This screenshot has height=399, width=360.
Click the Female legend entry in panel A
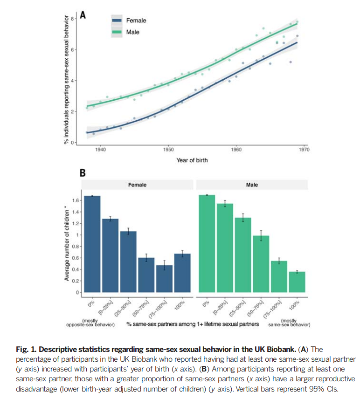pyautogui.click(x=136, y=21)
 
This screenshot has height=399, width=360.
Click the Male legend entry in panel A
pyautogui.click(x=132, y=32)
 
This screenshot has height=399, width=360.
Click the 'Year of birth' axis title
pyautogui.click(x=192, y=160)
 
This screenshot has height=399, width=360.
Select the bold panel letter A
pyautogui.click(x=83, y=15)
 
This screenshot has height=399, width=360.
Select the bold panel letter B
pyautogui.click(x=83, y=173)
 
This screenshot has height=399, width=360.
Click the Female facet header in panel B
pyautogui.click(x=137, y=185)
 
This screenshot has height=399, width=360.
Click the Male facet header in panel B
pyautogui.click(x=252, y=185)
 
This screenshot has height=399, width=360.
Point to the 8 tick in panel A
pyautogui.click(x=74, y=18)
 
